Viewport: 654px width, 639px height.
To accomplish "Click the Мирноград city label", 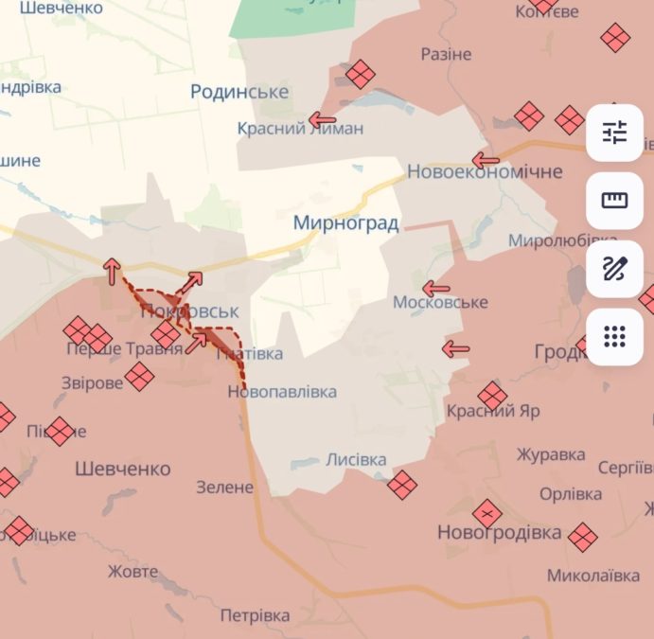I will pos(345,223).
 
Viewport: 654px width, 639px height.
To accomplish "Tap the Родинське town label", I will pos(239,92).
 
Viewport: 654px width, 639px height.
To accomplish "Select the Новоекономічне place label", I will pos(485,171).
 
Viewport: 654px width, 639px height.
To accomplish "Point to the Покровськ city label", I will pos(189,311).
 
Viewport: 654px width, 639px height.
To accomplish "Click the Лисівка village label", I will pos(356,460).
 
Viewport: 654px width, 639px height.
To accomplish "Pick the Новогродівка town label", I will pos(499,533).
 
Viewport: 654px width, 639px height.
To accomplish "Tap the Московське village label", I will pos(440,302).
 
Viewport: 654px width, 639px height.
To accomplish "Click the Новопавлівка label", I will pos(282,391).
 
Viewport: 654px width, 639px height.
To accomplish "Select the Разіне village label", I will pos(446,54).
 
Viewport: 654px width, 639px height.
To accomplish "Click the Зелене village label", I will pos(225,488).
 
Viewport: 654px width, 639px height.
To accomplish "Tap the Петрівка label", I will pos(255,615).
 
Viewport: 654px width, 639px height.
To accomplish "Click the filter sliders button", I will pos(615,133).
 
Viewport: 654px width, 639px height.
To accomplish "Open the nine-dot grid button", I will pos(615,336).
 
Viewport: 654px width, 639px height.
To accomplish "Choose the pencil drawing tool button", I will pos(615,269).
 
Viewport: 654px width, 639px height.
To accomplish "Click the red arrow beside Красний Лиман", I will pos(323,120).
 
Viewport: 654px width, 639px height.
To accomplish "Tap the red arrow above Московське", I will pos(436,289).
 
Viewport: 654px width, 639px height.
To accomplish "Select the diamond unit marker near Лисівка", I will pos(402,485).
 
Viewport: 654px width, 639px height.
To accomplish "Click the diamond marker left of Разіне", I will pos(361,74).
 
